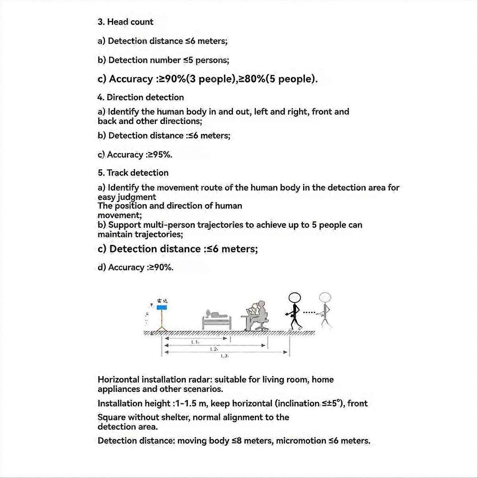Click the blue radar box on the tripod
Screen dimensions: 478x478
pos(162,308)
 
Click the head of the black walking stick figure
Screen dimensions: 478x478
pos(295,298)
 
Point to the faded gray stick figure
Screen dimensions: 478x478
pos(325,311)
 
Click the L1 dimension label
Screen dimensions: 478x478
pos(195,342)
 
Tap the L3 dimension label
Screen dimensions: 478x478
pos(224,356)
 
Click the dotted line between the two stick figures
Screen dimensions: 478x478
pos(309,312)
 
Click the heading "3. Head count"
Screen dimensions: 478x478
pos(125,22)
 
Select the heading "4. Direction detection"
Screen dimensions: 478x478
pos(141,98)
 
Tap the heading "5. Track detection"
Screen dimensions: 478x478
pos(133,173)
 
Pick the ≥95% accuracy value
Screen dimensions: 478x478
pos(160,155)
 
